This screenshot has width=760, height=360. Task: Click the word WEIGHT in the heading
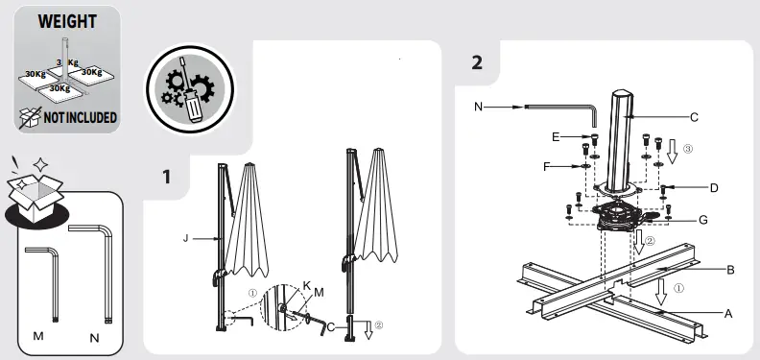tap(67, 22)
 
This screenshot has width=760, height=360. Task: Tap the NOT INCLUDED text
tap(81, 117)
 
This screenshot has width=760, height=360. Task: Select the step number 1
tap(167, 177)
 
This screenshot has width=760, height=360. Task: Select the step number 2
tap(477, 62)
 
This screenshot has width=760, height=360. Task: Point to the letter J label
tap(185, 238)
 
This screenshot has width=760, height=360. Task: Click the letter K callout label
tap(306, 285)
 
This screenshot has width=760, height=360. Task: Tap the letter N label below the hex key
tap(94, 338)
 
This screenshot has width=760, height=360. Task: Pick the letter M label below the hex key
tap(38, 336)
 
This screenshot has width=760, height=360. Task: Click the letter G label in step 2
tap(703, 220)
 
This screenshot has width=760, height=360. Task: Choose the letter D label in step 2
tap(714, 188)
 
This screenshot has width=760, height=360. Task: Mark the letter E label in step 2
tap(556, 137)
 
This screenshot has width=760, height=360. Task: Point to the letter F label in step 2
tap(547, 167)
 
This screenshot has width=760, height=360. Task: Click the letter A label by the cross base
tap(728, 314)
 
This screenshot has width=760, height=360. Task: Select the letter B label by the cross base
tap(730, 270)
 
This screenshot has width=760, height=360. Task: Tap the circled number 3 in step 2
tap(687, 149)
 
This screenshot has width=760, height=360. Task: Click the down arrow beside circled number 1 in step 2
tap(660, 292)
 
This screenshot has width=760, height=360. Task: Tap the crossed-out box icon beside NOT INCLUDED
tap(30, 118)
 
